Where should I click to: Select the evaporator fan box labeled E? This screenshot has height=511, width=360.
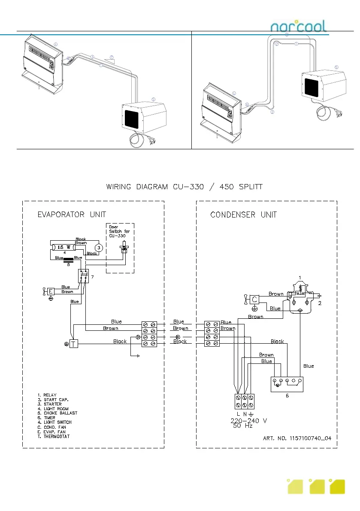(51, 292)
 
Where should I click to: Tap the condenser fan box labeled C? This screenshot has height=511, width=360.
(254, 299)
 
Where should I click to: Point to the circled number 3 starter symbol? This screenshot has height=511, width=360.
(99, 248)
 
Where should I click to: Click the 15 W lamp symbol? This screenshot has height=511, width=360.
(64, 247)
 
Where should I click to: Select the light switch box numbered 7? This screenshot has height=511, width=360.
(84, 276)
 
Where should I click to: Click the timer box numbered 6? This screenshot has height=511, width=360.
(287, 383)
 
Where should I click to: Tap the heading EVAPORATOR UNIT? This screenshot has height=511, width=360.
(72, 214)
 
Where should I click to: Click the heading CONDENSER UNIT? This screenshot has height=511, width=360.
(243, 214)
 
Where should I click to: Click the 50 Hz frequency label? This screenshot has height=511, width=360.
(242, 426)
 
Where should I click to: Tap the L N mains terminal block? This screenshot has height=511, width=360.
(243, 401)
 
